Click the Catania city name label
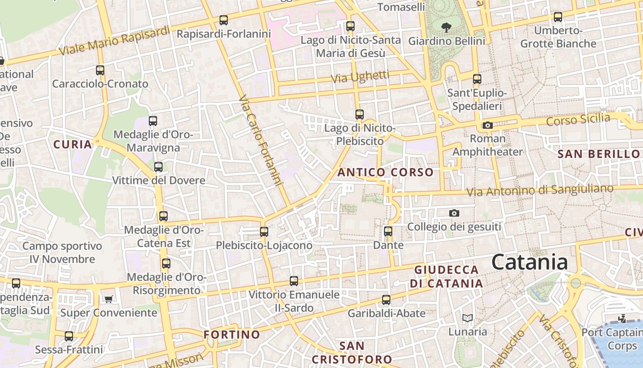530,262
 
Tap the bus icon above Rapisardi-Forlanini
224,20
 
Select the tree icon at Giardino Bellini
446,28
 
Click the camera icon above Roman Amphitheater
487,125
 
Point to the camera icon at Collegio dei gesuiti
454,213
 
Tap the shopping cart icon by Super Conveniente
108,299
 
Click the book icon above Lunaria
467,318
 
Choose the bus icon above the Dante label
388,231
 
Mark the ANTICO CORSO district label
385,172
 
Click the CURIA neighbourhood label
73,144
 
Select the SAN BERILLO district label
598,154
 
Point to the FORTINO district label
231,334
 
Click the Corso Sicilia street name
578,120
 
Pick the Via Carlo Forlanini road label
260,140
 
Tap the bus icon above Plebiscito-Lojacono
264,232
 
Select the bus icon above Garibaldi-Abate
386,300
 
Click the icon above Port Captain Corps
622,318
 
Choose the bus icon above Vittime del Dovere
158,167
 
